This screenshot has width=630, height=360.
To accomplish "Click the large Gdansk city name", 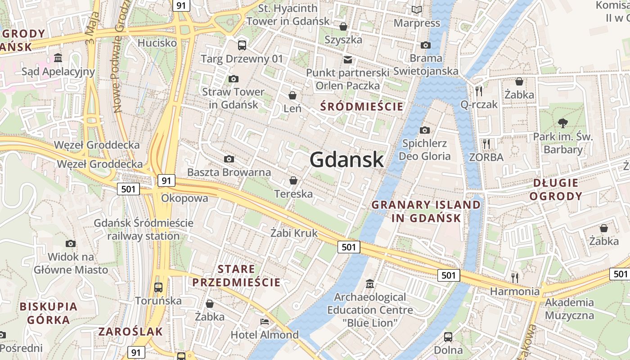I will coord(346,160).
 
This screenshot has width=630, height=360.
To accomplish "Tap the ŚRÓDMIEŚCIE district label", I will coord(362,107).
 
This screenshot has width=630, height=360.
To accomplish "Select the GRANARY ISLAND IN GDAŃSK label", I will coord(426,211).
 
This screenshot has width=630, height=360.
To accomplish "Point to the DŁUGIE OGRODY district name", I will coord(556,189).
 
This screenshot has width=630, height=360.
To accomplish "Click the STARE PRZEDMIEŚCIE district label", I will coord(236,276).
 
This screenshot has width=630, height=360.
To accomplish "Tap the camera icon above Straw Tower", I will coord(233,79).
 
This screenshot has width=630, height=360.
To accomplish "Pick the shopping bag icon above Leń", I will coord(292,95).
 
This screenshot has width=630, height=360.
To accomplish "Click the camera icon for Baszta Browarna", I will coord(229,159).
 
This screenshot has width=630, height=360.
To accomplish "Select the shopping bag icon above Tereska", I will coord(293,180).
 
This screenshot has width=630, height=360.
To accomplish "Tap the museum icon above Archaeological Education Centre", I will coord(370,284).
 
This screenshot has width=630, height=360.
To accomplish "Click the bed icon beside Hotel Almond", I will coord(265,322).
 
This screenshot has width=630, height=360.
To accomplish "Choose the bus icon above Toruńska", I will coord(158,287).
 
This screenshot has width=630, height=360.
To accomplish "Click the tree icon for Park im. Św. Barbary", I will coord(562,122).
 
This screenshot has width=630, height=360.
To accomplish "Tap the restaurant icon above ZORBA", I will coord(486,144).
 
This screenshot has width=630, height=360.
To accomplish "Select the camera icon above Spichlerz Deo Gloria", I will coord(424,130).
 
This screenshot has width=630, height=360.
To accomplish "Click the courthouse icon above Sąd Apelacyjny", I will coord(58,58).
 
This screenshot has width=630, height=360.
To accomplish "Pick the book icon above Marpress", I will coord(417,9).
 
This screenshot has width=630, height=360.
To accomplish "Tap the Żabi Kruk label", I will coord(294,233).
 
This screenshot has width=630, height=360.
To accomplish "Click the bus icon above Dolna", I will coord(448,337).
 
